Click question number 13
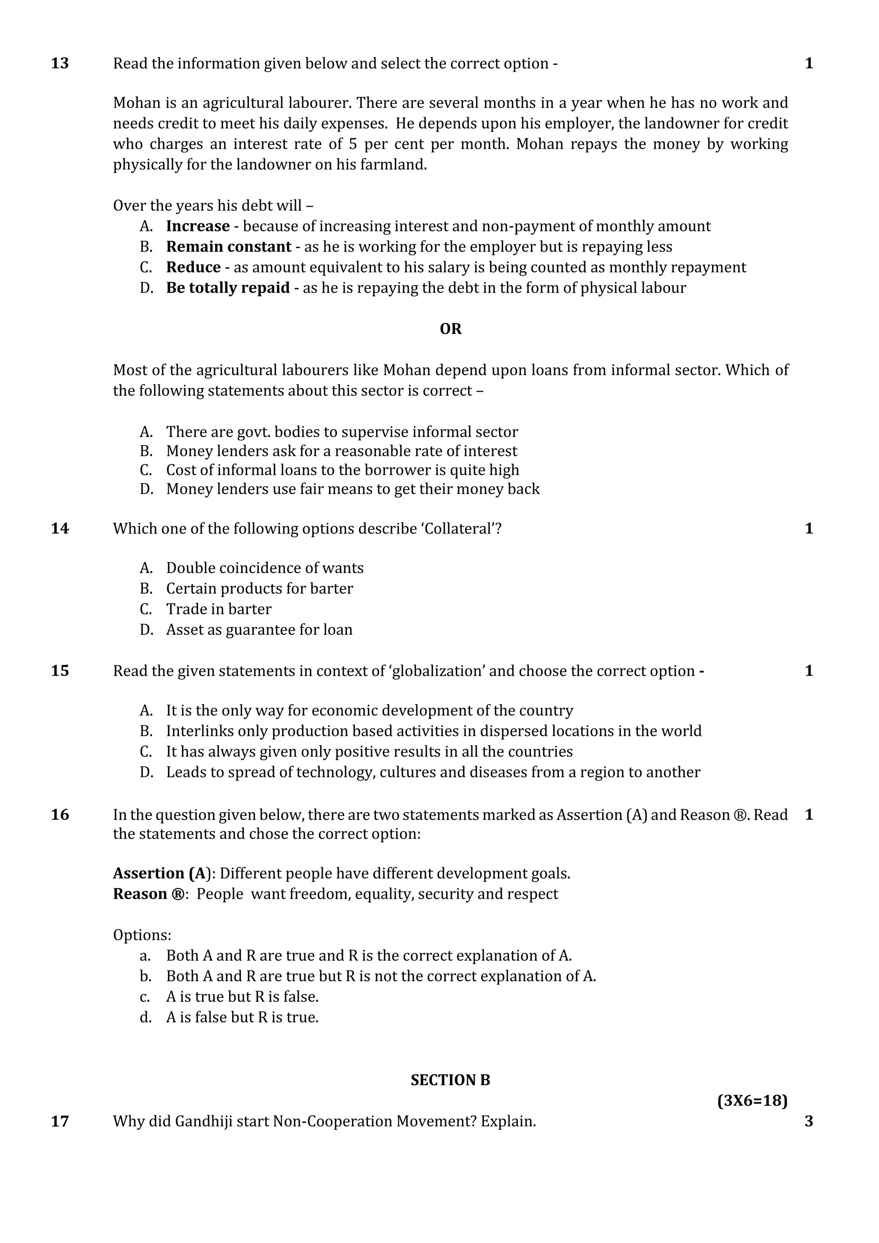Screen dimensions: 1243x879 (60, 64)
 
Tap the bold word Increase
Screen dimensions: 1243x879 (197, 226)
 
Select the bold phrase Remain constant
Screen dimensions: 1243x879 (228, 246)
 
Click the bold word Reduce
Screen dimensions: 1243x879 (193, 267)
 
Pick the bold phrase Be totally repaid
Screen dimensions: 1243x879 (228, 288)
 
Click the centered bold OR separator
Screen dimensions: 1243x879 (450, 329)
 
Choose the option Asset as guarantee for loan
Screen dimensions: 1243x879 (259, 630)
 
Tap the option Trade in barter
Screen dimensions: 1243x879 (218, 609)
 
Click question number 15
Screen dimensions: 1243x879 (60, 671)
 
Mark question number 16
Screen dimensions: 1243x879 (60, 814)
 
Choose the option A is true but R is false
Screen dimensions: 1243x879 (242, 997)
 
